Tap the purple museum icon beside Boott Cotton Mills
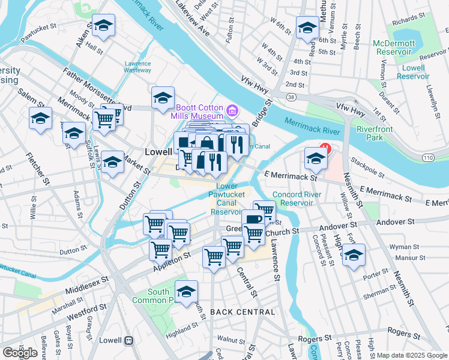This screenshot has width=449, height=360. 232,110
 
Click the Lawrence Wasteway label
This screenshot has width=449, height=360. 137,67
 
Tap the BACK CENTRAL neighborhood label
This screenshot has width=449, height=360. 243,312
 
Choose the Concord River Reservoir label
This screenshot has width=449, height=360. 294,199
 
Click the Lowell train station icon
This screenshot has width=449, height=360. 128,340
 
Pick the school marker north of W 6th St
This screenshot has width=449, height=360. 307,28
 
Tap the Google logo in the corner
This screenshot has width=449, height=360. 20,353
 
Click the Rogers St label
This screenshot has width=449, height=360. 402,331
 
